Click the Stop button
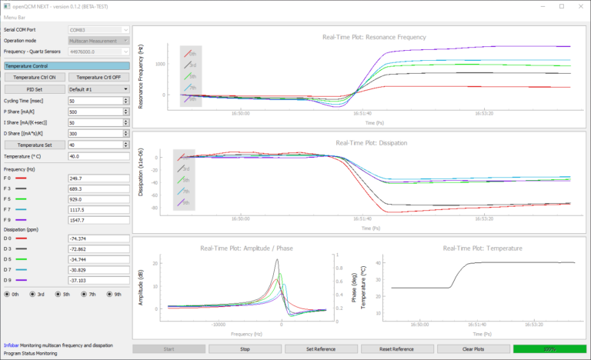point(245,348)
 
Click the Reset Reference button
point(397,348)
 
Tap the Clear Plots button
point(473,348)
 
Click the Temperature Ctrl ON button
point(35,78)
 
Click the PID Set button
point(35,89)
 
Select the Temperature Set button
point(35,144)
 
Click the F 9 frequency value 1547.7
point(98,219)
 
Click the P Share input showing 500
point(98,112)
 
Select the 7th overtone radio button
point(88,294)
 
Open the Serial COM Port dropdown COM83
point(98,29)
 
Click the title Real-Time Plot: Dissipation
point(361,142)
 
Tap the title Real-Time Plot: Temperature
point(483,248)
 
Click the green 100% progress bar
point(549,348)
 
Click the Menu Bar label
point(16,17)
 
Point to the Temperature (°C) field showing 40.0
point(98,156)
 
